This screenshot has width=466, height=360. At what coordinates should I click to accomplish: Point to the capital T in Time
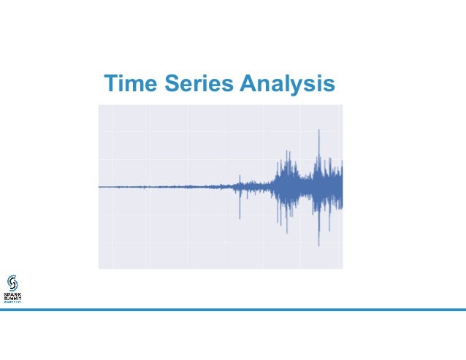(x=110, y=84)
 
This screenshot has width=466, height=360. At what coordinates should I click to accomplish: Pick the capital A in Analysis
(x=245, y=84)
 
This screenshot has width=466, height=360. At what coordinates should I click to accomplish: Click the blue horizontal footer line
(x=233, y=310)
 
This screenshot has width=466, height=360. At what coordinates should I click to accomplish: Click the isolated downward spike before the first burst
(x=240, y=218)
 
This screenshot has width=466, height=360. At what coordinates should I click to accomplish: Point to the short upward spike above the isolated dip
(x=240, y=175)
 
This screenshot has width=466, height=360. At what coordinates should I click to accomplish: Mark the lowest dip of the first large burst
(x=286, y=233)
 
